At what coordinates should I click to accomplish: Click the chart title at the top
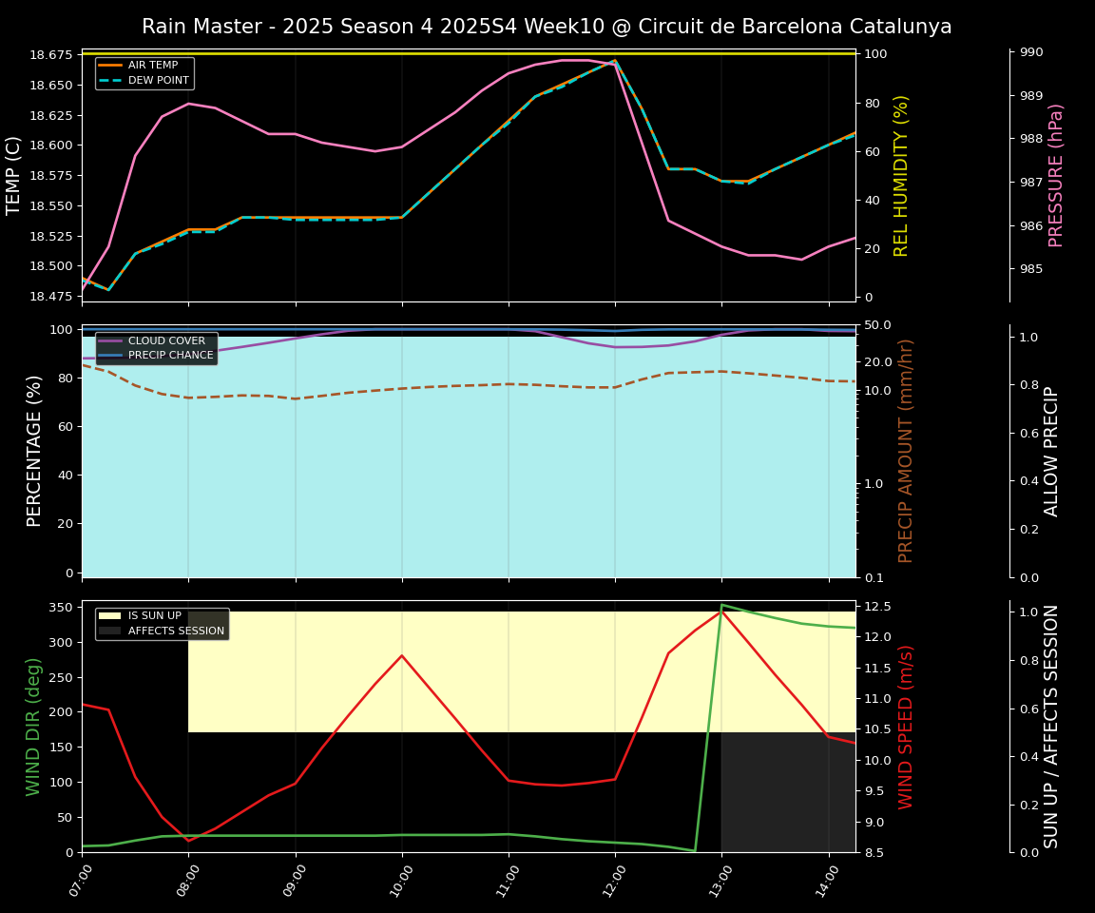click(x=547, y=27)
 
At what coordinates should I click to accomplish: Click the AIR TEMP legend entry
click(x=152, y=65)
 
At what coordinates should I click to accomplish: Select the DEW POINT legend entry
click(x=158, y=80)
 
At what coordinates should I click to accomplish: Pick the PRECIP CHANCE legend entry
click(x=170, y=356)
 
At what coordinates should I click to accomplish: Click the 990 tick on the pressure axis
click(x=1031, y=52)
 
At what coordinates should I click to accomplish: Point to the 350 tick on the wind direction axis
click(x=61, y=607)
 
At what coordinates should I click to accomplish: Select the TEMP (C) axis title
click(x=14, y=175)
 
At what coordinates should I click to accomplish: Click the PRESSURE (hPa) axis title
click(x=1056, y=175)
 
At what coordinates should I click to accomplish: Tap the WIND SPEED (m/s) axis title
click(x=907, y=727)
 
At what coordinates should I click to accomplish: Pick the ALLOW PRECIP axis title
click(x=1051, y=451)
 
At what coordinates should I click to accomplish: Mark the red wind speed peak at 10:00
click(x=402, y=655)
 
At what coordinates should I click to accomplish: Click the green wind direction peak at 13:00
click(x=721, y=605)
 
